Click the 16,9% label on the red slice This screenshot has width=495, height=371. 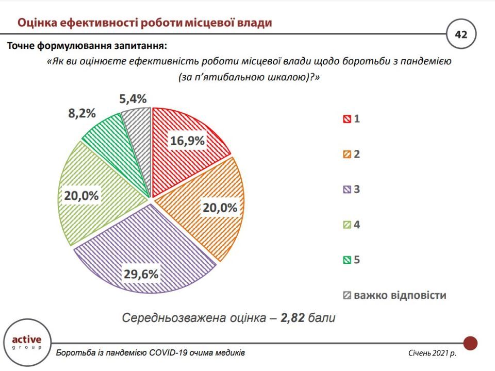point(188,141)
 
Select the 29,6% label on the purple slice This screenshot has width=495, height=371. point(140,274)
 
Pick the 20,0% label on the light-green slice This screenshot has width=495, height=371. point(81,195)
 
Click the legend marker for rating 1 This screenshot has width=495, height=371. point(346,120)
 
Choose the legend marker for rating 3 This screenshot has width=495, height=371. point(346,190)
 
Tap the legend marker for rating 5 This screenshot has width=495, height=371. point(346,260)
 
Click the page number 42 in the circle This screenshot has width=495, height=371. point(460,35)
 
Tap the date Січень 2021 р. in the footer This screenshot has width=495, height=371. point(432,353)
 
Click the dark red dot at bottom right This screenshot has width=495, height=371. point(470,343)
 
